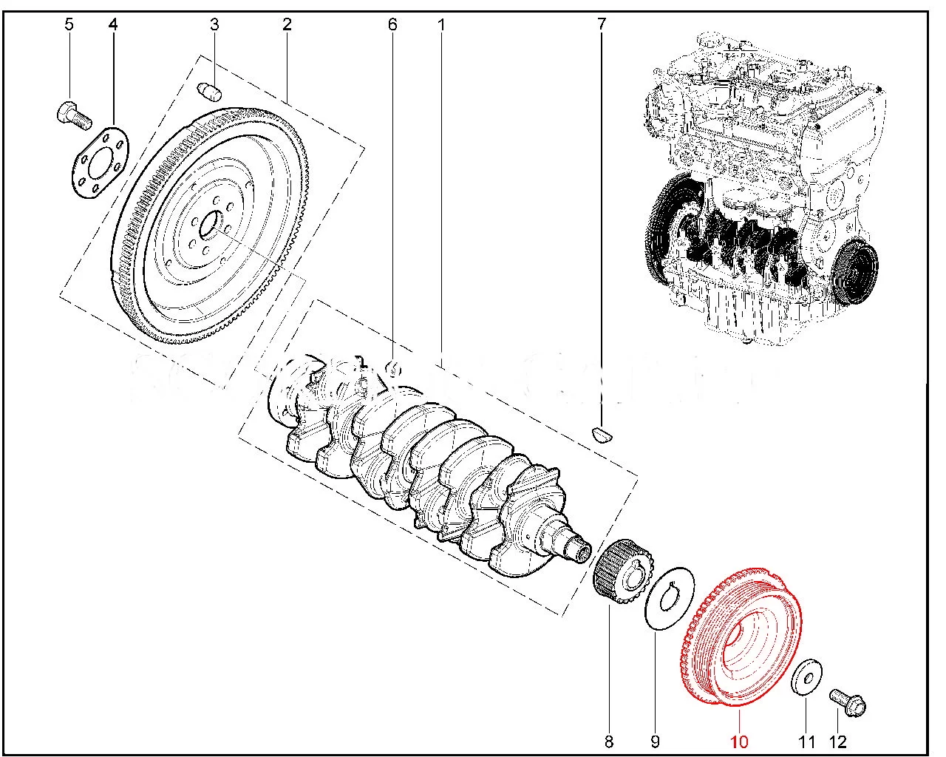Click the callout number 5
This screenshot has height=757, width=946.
[69, 24]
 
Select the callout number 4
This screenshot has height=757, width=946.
[113, 24]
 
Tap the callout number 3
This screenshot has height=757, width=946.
[214, 24]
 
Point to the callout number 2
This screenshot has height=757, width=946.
[287, 24]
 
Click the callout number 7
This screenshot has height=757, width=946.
[602, 24]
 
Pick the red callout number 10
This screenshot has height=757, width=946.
[739, 741]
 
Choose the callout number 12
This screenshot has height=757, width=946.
[838, 741]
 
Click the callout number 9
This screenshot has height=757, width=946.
[655, 741]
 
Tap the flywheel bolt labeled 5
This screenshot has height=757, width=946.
[74, 114]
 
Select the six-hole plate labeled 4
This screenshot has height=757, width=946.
[101, 163]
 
